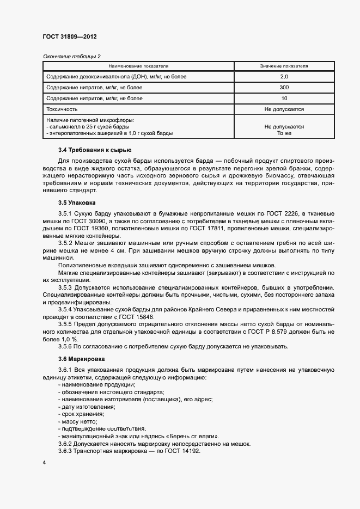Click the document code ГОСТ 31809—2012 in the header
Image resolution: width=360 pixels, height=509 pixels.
point(69,37)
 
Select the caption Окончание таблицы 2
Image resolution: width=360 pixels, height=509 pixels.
point(71,56)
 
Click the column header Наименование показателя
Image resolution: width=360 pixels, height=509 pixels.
point(138,66)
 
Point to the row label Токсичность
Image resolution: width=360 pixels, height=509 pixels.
point(62,109)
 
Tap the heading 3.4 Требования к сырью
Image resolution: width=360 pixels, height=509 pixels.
point(94,150)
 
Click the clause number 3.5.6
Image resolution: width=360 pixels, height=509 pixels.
point(65,346)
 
